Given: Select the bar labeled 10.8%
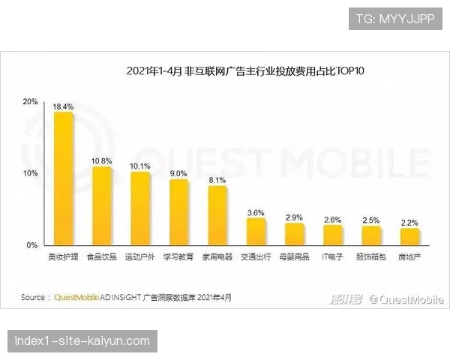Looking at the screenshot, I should (x=101, y=206).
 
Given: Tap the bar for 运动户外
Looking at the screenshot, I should (x=140, y=208).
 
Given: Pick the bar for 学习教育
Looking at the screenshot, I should (x=178, y=212).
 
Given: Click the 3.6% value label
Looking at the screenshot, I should (x=256, y=213).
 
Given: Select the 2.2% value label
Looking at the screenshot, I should (x=409, y=223).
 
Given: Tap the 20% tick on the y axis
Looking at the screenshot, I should (x=31, y=101).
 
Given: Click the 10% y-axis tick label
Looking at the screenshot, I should (x=31, y=173).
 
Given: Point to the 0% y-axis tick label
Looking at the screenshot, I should (x=32, y=245).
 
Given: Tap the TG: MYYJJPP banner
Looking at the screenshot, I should (x=395, y=18).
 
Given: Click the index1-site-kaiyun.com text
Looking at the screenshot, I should (x=82, y=341).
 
